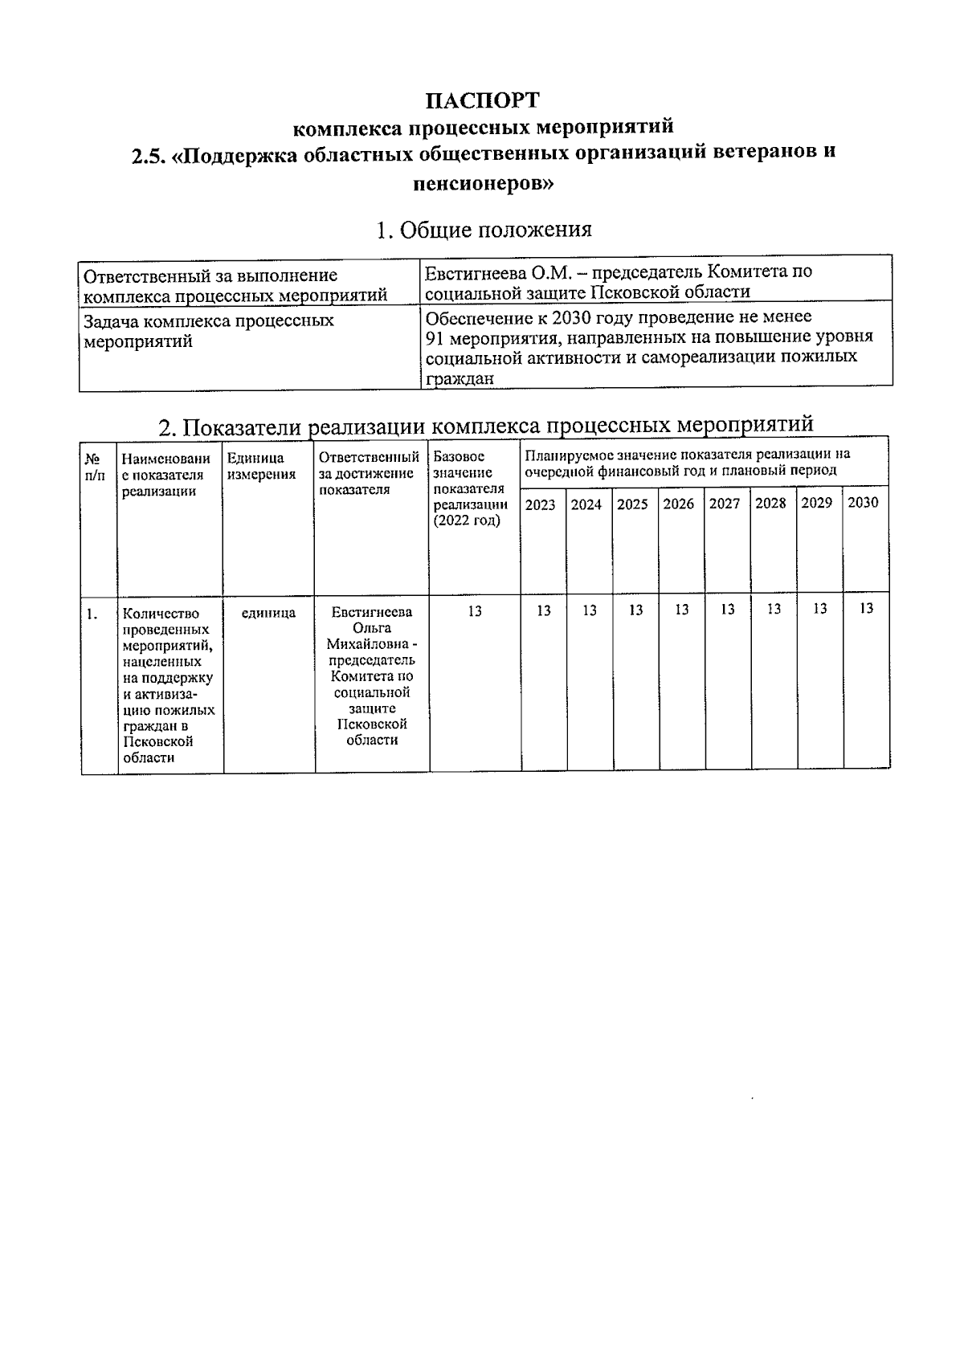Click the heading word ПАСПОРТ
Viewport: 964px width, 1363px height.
[x=482, y=100]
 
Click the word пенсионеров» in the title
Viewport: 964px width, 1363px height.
[x=482, y=183]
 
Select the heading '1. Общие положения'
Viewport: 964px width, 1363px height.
[x=484, y=230]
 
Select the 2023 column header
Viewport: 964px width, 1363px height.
[x=540, y=505]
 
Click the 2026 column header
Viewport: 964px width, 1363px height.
[x=679, y=504]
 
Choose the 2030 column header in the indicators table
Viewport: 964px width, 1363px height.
[x=863, y=502]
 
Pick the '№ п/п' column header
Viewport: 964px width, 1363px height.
[x=95, y=467]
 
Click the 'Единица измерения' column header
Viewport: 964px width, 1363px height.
[x=261, y=466]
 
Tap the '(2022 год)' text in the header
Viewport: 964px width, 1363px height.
[x=466, y=520]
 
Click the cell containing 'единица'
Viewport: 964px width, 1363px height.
[x=268, y=613]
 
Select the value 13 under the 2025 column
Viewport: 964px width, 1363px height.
[x=635, y=610]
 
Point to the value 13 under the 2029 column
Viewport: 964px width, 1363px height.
[x=819, y=609]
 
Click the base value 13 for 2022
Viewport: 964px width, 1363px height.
[x=474, y=611]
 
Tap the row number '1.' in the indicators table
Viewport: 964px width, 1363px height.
[x=92, y=614]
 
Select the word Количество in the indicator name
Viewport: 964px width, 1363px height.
[x=161, y=614]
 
